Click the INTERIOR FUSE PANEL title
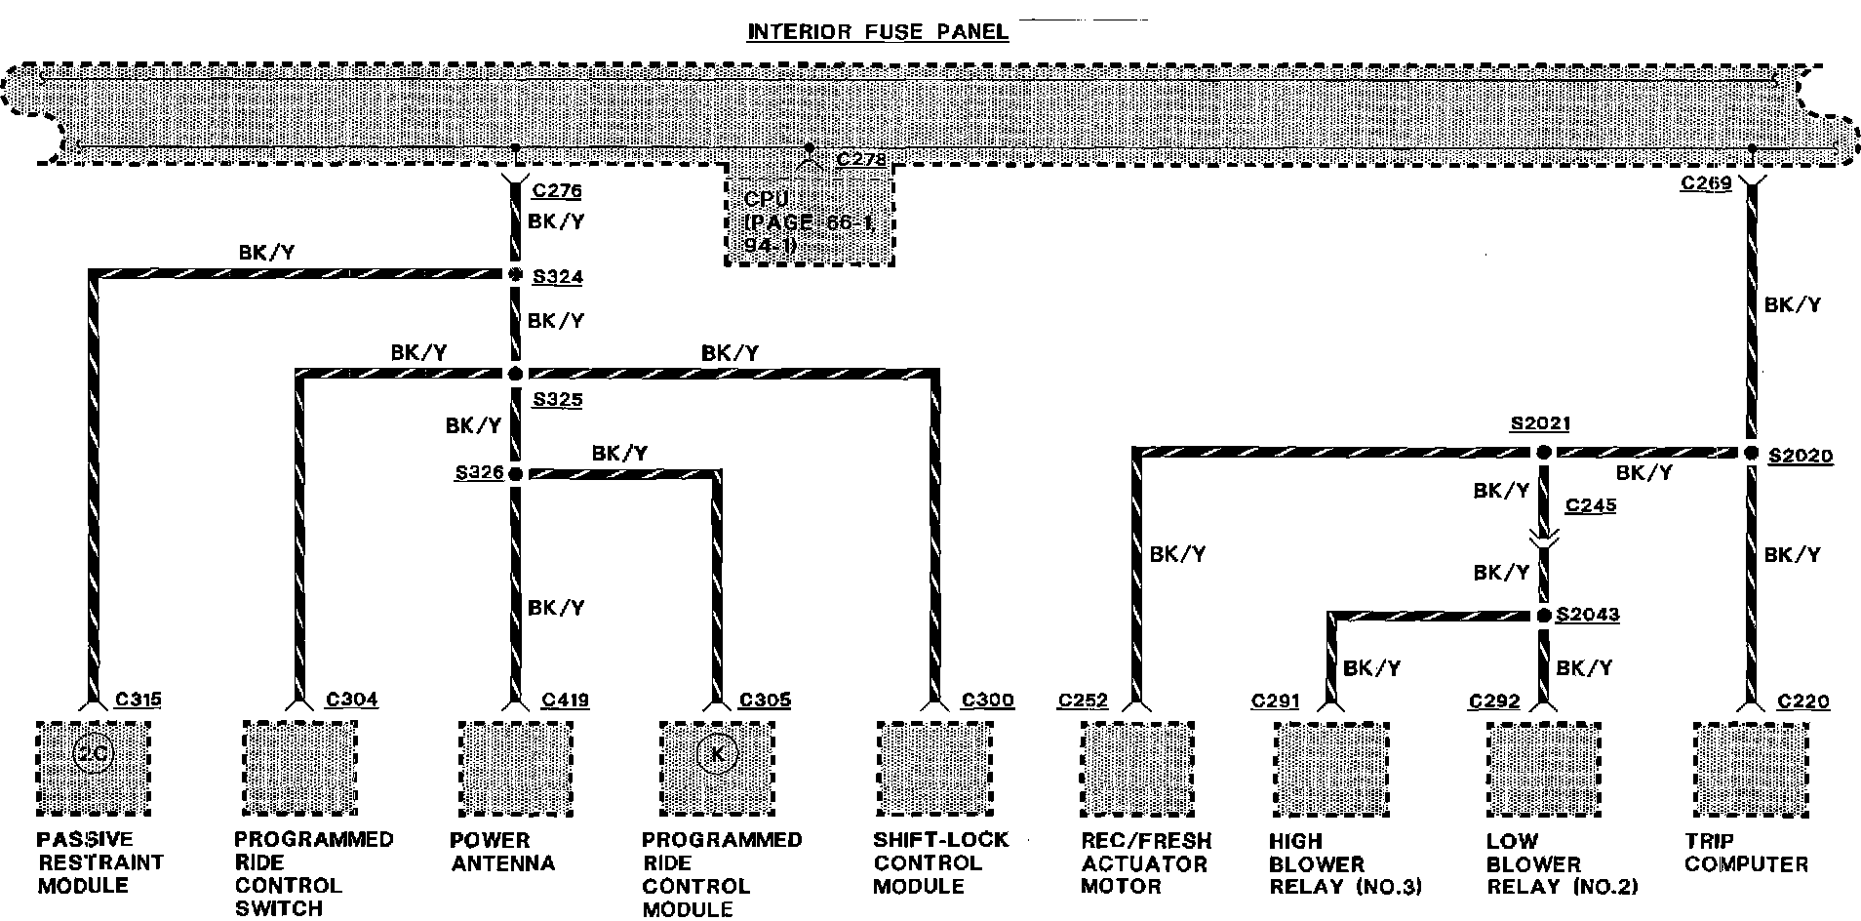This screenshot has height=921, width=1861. pyautogui.click(x=877, y=32)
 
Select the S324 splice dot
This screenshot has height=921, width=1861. pyautogui.click(x=515, y=275)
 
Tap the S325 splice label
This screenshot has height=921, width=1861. pyautogui.click(x=557, y=400)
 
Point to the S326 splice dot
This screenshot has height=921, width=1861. pyautogui.click(x=515, y=474)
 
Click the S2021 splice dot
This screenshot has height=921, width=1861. pyautogui.click(x=1543, y=453)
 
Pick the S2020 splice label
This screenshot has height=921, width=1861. pyautogui.click(x=1800, y=456)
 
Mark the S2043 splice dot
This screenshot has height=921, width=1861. pyautogui.click(x=1543, y=616)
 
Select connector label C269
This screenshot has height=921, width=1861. pyautogui.click(x=1705, y=183)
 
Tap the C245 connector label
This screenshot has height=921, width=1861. pyautogui.click(x=1590, y=505)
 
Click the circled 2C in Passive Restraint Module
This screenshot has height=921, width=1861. pyautogui.click(x=93, y=754)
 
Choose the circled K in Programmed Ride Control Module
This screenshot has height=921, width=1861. pyautogui.click(x=717, y=754)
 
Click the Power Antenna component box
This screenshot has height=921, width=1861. pyautogui.click(x=515, y=769)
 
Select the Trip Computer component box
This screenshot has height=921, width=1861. pyautogui.click(x=1751, y=769)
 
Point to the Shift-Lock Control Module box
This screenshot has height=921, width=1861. pyautogui.click(x=934, y=769)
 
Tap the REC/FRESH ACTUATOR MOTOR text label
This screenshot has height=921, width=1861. pyautogui.click(x=1145, y=863)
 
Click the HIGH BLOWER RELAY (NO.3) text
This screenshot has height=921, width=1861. pyautogui.click(x=1344, y=863)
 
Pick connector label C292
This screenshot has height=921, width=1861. pyautogui.click(x=1494, y=701)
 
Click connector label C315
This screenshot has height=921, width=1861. pyautogui.click(x=138, y=700)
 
